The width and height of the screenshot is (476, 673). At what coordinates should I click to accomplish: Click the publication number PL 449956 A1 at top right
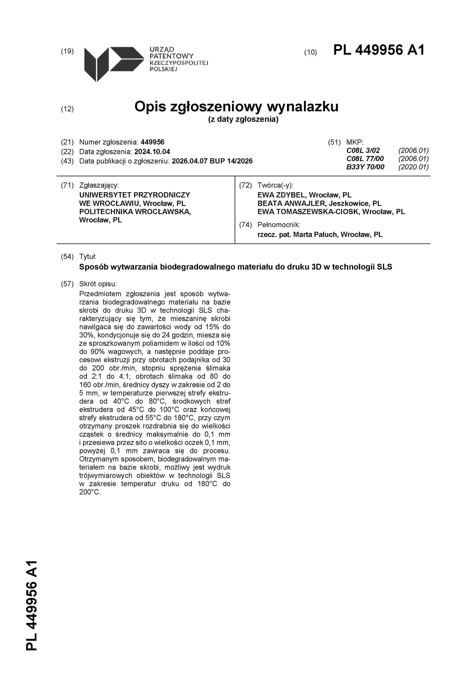379,50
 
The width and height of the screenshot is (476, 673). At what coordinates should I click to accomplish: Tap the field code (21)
67,143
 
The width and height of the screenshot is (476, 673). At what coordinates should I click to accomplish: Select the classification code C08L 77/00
365,159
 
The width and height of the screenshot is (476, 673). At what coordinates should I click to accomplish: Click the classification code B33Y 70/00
365,167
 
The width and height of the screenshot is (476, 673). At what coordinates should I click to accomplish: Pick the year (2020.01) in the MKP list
413,167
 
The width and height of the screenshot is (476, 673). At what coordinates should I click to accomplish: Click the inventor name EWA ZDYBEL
281,195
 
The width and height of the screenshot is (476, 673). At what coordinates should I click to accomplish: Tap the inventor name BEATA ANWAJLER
291,203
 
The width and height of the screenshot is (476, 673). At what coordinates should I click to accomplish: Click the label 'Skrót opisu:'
98,284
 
